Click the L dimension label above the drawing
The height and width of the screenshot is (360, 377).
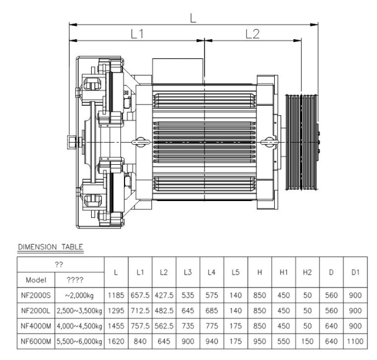193,18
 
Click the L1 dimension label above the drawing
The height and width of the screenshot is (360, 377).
137,34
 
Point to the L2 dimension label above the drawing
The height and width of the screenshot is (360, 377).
253,34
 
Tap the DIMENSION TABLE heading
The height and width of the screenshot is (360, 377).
50,247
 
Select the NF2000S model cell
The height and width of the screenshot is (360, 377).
36,295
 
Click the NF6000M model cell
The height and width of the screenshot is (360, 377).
36,341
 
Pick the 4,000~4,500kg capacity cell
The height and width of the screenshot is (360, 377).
79,326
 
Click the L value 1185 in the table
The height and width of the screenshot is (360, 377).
116,295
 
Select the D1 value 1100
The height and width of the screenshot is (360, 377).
355,341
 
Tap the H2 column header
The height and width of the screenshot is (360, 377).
307,272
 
